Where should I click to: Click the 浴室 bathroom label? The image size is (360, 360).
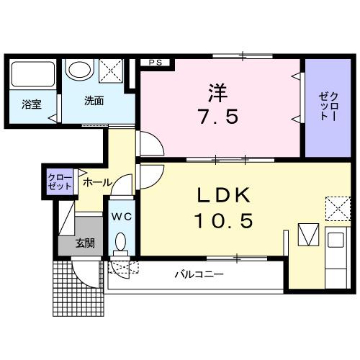31,104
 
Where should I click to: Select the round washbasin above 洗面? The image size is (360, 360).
78,71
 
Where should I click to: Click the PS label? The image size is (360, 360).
155,63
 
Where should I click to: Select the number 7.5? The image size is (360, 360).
217,117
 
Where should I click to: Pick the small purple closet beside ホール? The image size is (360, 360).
60,181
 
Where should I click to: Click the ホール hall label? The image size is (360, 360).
96,183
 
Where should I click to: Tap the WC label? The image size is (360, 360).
120,216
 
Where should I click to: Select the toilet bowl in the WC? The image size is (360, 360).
120,243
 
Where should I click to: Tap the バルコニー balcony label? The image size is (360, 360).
199,274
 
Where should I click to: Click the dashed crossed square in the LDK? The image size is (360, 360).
336,207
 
